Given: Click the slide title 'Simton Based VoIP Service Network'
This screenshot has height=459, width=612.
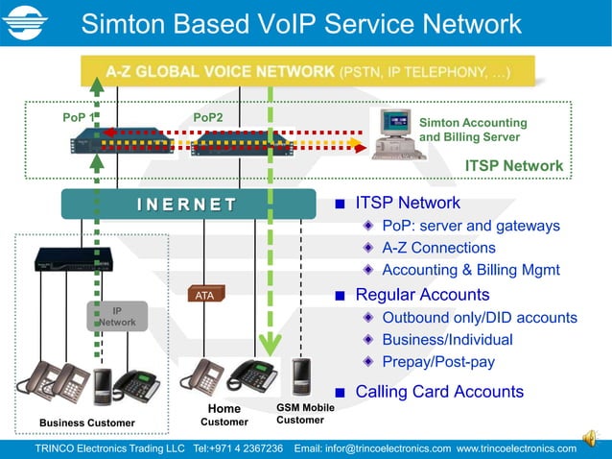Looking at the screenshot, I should (x=301, y=24).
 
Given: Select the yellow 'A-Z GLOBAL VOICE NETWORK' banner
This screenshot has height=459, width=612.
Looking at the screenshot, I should (x=307, y=72).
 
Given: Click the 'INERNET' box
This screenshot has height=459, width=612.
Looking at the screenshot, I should (x=187, y=204).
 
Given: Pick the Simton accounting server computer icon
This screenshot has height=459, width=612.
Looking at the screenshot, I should (x=396, y=134).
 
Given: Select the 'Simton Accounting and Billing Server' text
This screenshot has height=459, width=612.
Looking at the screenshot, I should (x=473, y=130).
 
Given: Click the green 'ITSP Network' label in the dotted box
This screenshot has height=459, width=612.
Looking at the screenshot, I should (x=513, y=166).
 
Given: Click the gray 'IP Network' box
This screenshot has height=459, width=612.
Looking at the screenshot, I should (x=116, y=317).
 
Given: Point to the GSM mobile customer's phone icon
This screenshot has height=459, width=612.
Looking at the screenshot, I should (x=301, y=376).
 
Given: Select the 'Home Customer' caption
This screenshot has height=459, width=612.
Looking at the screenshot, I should (x=224, y=416).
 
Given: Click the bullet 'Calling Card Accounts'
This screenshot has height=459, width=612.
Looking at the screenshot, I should (x=439, y=392).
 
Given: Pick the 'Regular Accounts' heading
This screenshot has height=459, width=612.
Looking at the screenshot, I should (x=422, y=295).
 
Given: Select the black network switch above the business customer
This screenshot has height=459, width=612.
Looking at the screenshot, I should (x=73, y=259).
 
